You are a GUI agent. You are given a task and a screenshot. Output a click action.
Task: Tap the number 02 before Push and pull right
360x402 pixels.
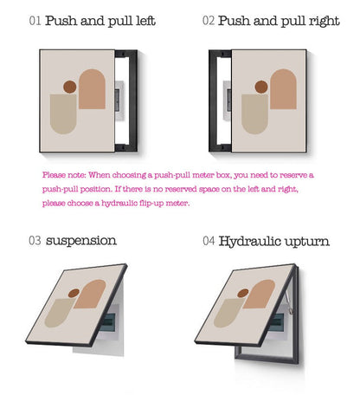208,21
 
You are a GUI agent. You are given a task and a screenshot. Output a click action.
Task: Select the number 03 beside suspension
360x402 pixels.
34,240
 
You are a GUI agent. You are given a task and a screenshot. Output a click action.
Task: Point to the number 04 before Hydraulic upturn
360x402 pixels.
208,240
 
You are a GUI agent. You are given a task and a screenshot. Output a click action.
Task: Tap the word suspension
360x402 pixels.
81,240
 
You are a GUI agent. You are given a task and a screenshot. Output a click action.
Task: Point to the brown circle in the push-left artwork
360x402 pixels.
70,87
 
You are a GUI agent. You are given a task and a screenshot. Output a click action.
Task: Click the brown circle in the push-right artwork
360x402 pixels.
260,87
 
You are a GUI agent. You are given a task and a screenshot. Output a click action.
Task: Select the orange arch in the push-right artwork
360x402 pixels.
282,92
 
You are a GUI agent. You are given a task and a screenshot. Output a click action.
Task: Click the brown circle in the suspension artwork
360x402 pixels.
74,292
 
